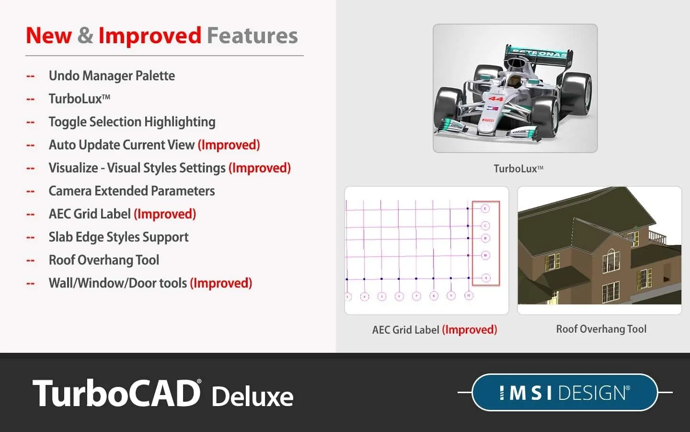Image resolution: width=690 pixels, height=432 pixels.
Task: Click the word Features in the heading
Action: (x=252, y=36)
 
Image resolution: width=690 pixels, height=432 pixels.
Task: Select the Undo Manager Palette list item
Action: (x=112, y=76)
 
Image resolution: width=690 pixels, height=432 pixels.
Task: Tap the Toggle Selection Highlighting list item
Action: (x=132, y=122)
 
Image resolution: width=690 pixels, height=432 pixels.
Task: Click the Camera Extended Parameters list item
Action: (x=132, y=191)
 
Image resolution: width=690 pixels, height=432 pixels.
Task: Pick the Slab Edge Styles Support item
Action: (x=118, y=237)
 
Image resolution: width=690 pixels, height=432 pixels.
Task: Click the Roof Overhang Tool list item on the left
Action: (x=104, y=260)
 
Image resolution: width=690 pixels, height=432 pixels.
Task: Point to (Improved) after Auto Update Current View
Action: (x=229, y=145)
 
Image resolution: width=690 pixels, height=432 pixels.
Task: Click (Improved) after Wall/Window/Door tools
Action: (x=221, y=283)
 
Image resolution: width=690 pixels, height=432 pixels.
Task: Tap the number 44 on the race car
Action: (x=495, y=99)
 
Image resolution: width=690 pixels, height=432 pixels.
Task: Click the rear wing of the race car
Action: (x=539, y=54)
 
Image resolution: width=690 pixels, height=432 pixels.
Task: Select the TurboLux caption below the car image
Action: (x=518, y=168)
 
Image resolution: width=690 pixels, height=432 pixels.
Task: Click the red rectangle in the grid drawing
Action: (x=486, y=243)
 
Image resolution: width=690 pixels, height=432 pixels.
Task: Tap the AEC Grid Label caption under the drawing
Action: (x=434, y=330)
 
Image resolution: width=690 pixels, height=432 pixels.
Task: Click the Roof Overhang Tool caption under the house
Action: (x=601, y=329)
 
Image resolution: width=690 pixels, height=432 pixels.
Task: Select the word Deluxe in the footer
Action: (x=252, y=396)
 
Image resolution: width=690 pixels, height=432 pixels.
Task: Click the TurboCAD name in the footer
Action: (x=116, y=394)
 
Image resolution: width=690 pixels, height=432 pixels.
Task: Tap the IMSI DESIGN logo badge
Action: (x=564, y=393)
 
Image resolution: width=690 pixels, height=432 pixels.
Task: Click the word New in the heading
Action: (x=49, y=36)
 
